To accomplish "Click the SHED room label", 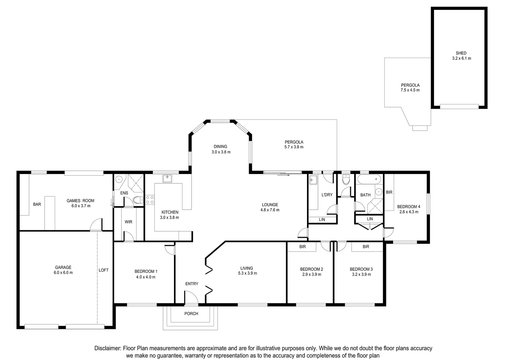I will pyautogui.click(x=461, y=53).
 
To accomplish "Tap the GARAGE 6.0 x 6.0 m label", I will pyautogui.click(x=63, y=270).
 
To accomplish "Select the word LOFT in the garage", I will pyautogui.click(x=103, y=270).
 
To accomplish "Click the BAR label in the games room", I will pyautogui.click(x=37, y=204).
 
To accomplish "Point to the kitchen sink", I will pyautogui.click(x=167, y=179).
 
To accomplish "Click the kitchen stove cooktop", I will pyautogui.click(x=150, y=200).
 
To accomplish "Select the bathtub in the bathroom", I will pyautogui.click(x=369, y=179).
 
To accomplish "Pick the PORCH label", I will pyautogui.click(x=191, y=314).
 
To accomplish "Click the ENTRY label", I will pyautogui.click(x=192, y=284).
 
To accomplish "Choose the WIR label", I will pyautogui.click(x=128, y=222).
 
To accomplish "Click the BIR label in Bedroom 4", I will pyautogui.click(x=389, y=192).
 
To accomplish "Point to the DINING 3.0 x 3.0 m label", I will pyautogui.click(x=221, y=149).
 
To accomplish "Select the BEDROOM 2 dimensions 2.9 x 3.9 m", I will pyautogui.click(x=311, y=275).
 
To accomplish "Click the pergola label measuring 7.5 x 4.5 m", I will pyautogui.click(x=410, y=88).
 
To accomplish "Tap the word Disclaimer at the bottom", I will pyautogui.click(x=107, y=348).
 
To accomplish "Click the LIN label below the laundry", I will pyautogui.click(x=322, y=219).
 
